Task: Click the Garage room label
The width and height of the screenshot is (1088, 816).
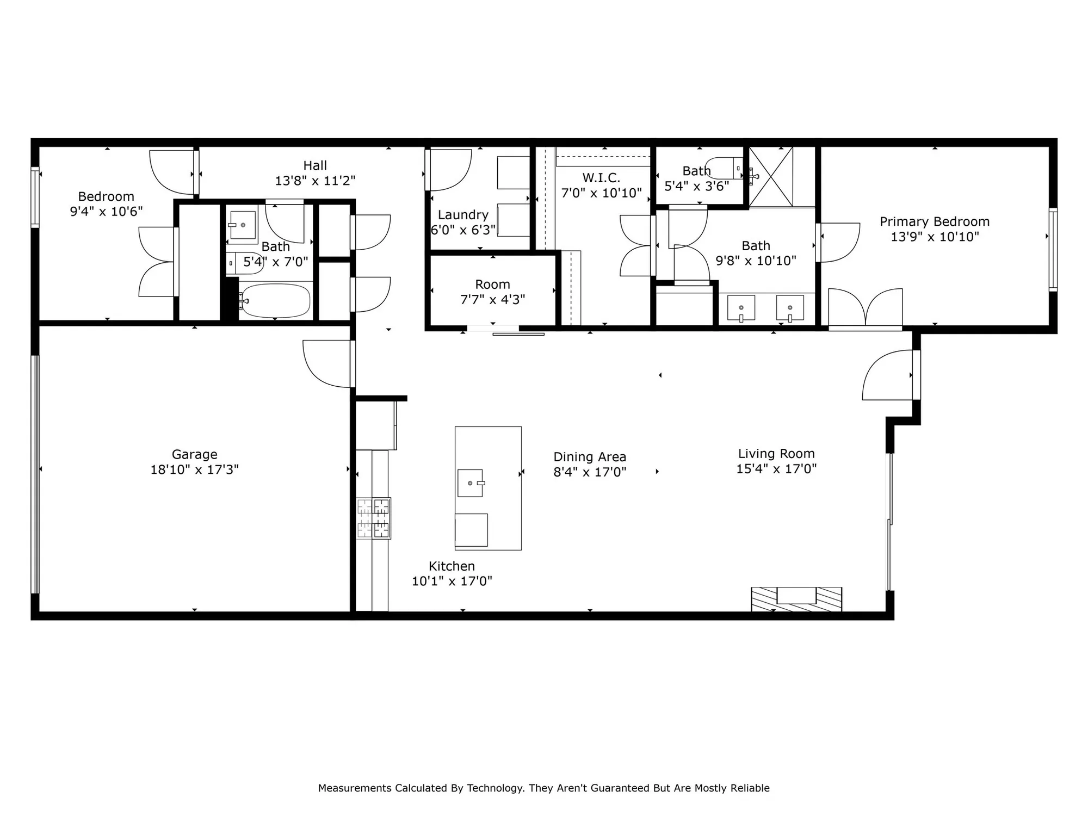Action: tap(194, 454)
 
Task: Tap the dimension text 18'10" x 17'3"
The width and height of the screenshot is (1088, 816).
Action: tap(194, 469)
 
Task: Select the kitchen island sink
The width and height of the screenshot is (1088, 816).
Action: tap(471, 483)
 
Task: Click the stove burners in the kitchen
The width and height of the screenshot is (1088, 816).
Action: tap(374, 518)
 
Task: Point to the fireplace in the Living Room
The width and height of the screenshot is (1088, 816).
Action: tap(796, 599)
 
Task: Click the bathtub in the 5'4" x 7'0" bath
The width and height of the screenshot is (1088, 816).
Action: tap(275, 301)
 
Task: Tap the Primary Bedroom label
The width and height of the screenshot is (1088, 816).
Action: tap(934, 221)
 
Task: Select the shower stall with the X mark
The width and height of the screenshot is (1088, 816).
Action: tap(771, 176)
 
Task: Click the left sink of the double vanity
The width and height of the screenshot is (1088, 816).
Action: tap(741, 308)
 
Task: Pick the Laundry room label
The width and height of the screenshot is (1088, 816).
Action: tap(463, 215)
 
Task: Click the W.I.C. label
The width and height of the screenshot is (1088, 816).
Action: tap(601, 178)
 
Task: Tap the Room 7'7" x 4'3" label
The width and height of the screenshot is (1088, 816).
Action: tap(492, 285)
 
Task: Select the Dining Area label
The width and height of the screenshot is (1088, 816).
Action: tap(590, 457)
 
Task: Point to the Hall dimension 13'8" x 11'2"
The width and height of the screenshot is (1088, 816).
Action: tap(315, 181)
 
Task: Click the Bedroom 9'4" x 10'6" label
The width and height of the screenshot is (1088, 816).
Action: tap(106, 196)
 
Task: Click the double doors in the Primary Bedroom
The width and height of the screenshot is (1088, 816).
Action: tap(865, 308)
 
